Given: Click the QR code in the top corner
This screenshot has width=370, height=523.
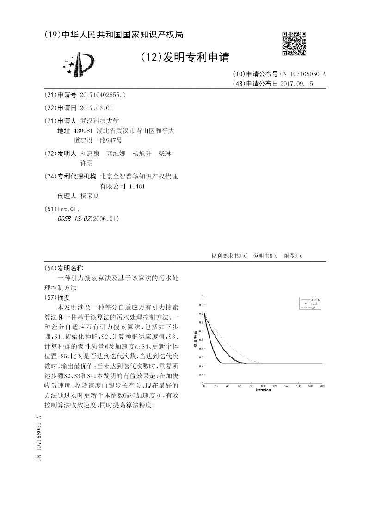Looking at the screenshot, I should [294, 43].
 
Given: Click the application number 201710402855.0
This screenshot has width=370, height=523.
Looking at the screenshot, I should [103, 95].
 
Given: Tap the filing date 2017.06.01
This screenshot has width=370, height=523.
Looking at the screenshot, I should [96, 108].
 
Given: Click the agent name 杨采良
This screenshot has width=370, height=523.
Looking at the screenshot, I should [89, 196].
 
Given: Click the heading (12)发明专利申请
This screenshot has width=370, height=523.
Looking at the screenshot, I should [185, 57].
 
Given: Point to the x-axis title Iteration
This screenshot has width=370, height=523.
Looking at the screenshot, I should [263, 390].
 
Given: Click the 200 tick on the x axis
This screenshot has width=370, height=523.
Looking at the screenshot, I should [322, 386].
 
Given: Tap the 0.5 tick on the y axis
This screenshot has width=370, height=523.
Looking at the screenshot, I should [201, 340].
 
